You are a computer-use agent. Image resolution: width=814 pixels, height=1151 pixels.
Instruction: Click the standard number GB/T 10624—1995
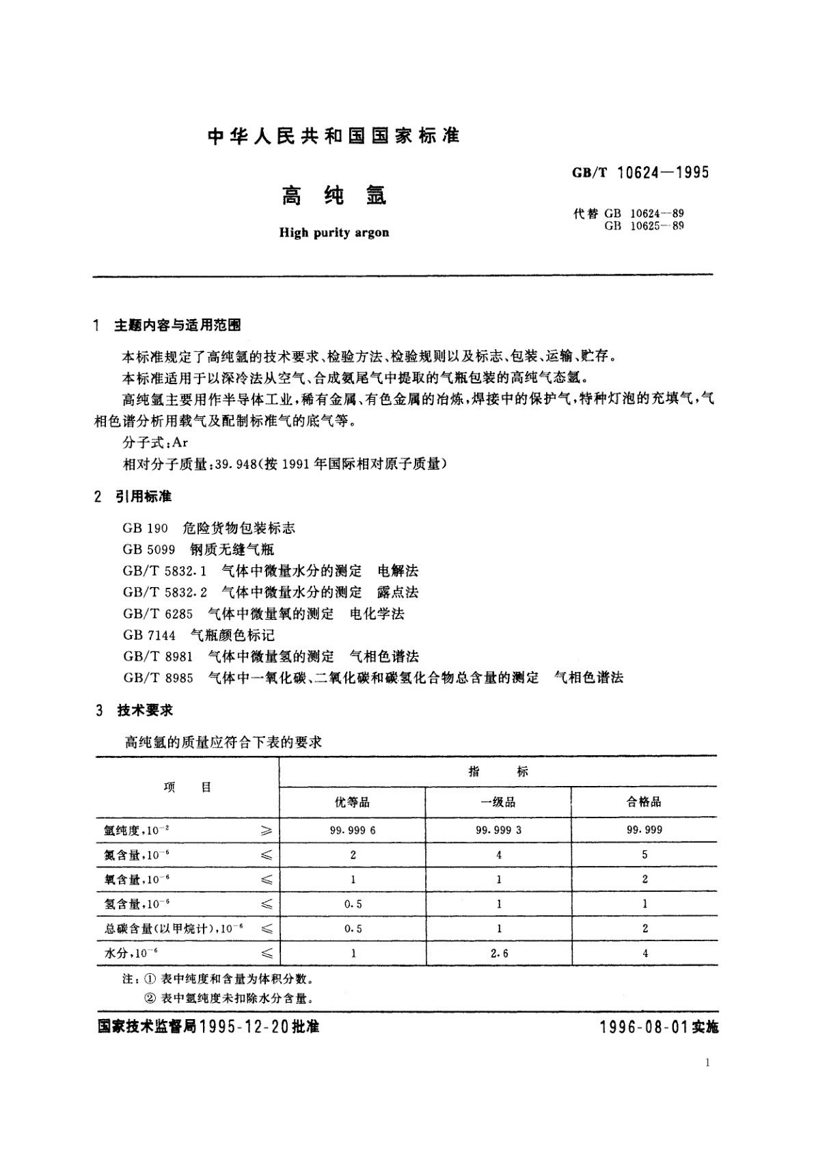[x=640, y=172]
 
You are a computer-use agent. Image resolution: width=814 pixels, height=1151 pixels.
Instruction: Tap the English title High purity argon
[x=334, y=232]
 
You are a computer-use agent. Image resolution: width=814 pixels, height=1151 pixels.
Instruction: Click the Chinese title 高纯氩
[x=334, y=195]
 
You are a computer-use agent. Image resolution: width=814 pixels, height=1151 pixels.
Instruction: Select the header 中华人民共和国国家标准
[x=334, y=136]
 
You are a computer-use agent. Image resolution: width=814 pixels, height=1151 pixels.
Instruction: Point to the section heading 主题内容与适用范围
[x=177, y=326]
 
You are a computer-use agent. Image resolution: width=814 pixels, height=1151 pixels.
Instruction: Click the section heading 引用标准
[x=143, y=496]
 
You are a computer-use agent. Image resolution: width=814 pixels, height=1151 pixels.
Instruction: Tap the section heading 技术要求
[x=145, y=711]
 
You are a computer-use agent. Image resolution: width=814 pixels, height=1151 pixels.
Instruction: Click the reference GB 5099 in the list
[x=149, y=550]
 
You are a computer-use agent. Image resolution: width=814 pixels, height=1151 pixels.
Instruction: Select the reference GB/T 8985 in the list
[x=158, y=678]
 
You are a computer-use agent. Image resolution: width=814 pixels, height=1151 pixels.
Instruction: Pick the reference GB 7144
[x=149, y=635]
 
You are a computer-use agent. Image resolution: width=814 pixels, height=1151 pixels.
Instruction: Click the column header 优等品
[x=353, y=802]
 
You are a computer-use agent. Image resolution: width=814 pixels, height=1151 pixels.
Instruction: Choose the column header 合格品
[x=644, y=802]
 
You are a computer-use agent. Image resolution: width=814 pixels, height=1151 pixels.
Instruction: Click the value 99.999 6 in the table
[x=353, y=830]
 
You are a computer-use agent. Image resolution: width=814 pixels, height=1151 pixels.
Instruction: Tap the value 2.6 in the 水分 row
[x=499, y=953]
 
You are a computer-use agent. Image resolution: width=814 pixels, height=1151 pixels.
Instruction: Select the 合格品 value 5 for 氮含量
[x=645, y=854]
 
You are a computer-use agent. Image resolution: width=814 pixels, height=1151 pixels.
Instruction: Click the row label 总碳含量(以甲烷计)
[x=168, y=928]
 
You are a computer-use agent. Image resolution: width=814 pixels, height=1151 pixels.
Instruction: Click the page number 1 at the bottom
[x=707, y=1062]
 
